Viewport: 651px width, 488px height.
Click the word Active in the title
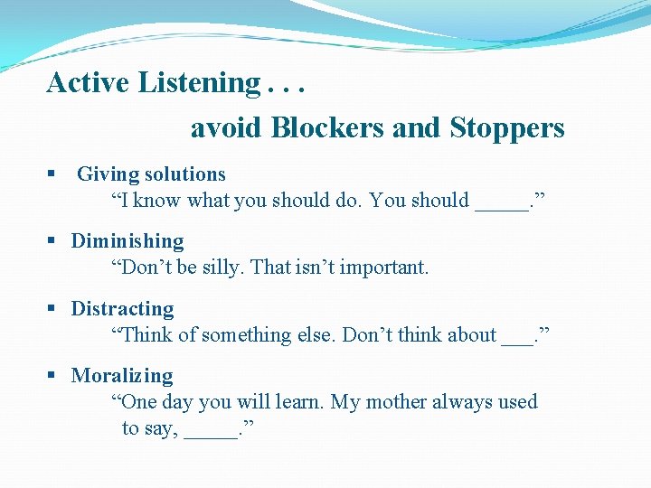[x=89, y=83]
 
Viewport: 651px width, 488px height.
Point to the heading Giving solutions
[x=151, y=174]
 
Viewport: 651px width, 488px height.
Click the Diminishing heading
[x=127, y=241]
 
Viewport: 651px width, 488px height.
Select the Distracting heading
[x=123, y=309]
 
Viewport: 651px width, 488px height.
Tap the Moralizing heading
[x=122, y=376]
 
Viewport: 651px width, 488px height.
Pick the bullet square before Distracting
[x=52, y=309]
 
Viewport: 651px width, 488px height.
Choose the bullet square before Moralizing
[x=52, y=376]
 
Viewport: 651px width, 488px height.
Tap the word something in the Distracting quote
[x=245, y=335]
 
